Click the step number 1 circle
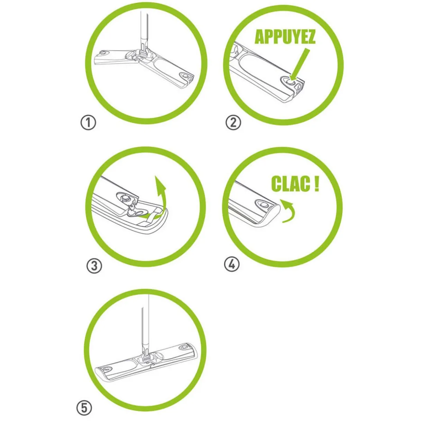[x=88, y=123]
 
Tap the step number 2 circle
[x=233, y=122]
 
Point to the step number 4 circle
[x=232, y=265]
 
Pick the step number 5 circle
[x=84, y=408]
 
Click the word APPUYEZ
[x=285, y=37]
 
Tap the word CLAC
[x=290, y=184]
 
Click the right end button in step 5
[x=184, y=346]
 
